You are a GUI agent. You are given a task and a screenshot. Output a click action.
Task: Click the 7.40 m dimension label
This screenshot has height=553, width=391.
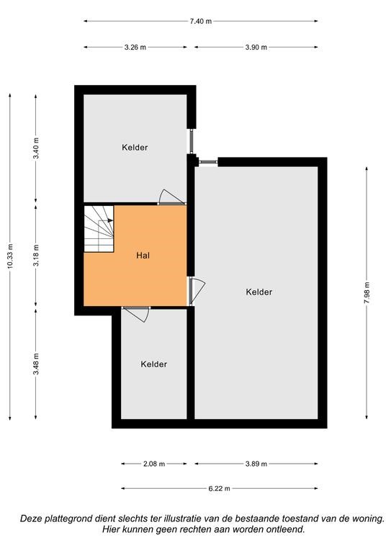(201, 21)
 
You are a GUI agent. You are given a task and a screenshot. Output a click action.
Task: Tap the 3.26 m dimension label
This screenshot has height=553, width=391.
(135, 48)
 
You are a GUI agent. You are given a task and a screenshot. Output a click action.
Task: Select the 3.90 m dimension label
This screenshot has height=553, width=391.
(256, 48)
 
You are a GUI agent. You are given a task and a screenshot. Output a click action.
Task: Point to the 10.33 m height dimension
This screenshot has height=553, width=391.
(10, 256)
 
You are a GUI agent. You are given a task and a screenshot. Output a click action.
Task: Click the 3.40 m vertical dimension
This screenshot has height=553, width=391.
(36, 148)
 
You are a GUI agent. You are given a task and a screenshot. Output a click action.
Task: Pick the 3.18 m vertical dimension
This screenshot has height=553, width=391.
(36, 255)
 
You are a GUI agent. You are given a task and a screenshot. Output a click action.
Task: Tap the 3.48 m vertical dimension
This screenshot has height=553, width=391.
(36, 364)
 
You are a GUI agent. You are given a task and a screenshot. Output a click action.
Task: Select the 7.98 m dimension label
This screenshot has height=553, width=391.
(367, 293)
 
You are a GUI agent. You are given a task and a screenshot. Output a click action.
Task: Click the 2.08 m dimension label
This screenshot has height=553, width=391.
(154, 464)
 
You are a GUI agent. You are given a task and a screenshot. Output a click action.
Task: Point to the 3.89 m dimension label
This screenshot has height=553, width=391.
(256, 464)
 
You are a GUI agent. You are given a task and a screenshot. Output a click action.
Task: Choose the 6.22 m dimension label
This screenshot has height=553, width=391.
(220, 488)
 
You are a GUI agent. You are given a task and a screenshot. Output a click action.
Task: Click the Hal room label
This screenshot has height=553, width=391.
(143, 256)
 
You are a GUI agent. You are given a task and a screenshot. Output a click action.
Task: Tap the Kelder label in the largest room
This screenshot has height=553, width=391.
(259, 292)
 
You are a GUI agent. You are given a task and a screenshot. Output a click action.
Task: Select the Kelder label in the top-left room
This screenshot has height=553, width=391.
(135, 148)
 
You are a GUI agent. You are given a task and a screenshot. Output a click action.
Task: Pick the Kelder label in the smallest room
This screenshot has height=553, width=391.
(153, 364)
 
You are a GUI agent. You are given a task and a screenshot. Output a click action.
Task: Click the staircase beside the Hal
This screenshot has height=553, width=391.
(99, 229)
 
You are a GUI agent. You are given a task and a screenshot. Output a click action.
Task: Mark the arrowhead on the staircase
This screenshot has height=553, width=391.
(110, 220)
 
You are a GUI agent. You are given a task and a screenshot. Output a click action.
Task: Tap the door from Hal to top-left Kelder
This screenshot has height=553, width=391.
(171, 197)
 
